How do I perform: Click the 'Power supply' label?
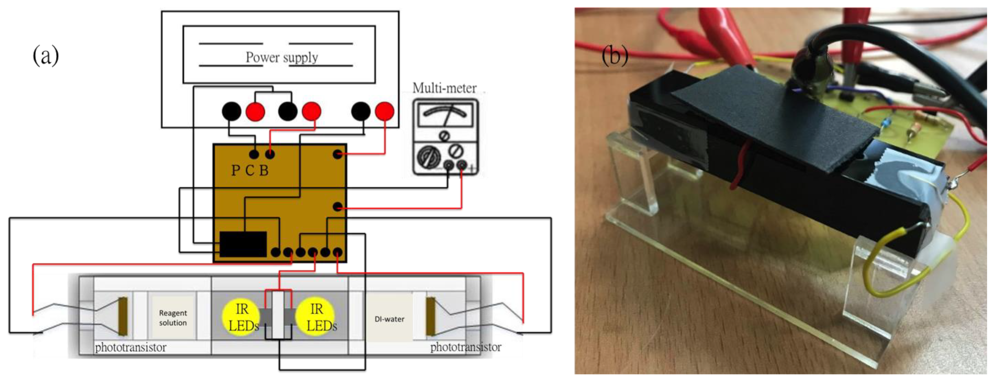pos(282,57)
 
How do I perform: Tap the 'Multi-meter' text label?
pos(444,88)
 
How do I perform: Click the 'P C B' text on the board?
pos(250,170)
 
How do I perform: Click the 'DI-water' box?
pos(389,319)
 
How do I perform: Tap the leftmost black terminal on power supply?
pos(232,111)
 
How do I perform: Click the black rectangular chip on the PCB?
pos(243,244)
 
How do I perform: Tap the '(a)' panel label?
pos(46,56)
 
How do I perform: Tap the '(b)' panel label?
pos(615,55)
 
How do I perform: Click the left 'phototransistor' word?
pos(130,347)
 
